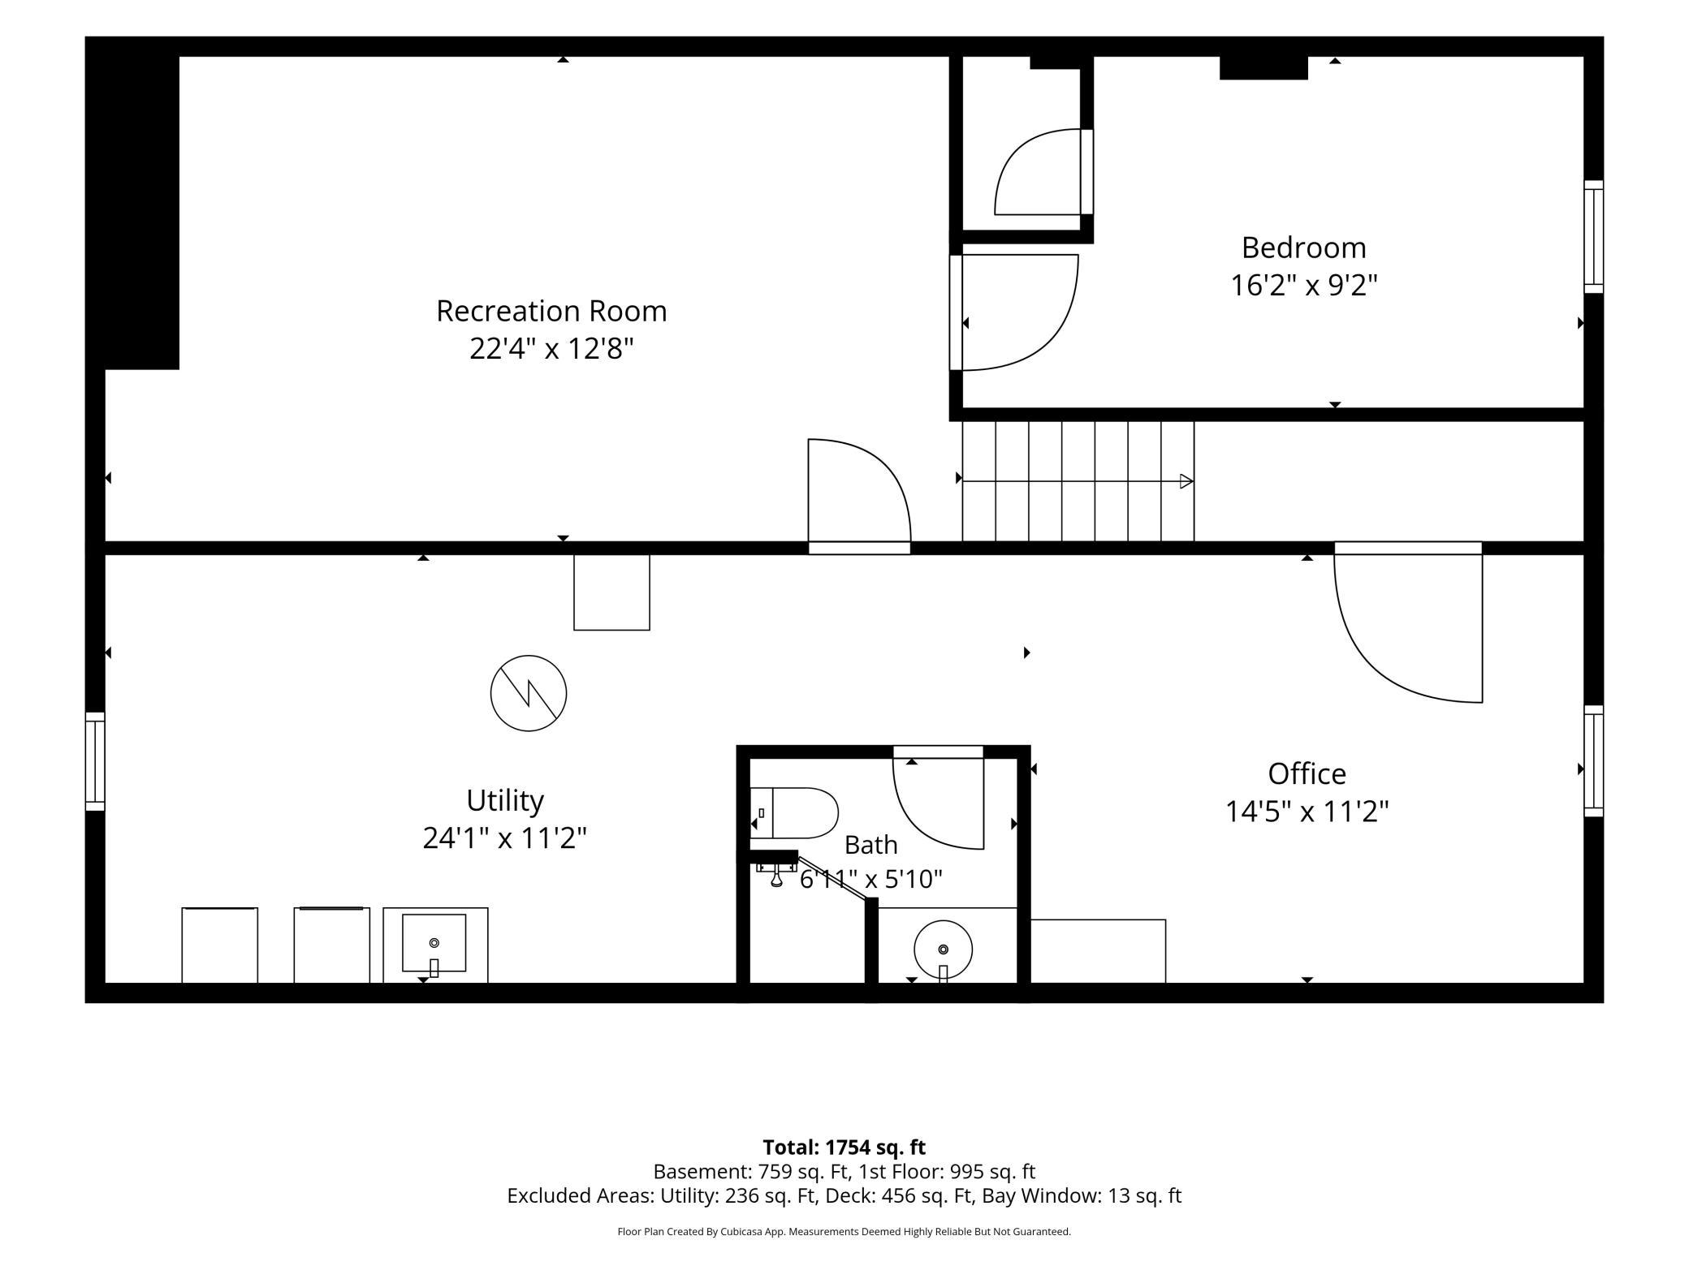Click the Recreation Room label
(x=551, y=311)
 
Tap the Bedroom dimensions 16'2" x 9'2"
(x=1304, y=286)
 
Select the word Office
(x=1307, y=773)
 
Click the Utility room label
(x=504, y=801)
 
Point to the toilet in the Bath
(x=793, y=812)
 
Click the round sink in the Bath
(x=943, y=949)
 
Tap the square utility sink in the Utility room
(x=434, y=943)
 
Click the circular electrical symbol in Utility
(x=529, y=693)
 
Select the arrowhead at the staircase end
(x=1186, y=481)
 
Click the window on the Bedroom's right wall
(x=1594, y=236)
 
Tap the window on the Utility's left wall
(x=95, y=761)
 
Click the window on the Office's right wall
(x=1594, y=760)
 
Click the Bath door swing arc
(x=918, y=825)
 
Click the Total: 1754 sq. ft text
(x=844, y=1147)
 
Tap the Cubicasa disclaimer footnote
(x=844, y=1231)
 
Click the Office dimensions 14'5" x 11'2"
(x=1307, y=812)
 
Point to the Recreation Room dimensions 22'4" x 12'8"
(x=551, y=349)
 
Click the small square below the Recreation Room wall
(x=611, y=592)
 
